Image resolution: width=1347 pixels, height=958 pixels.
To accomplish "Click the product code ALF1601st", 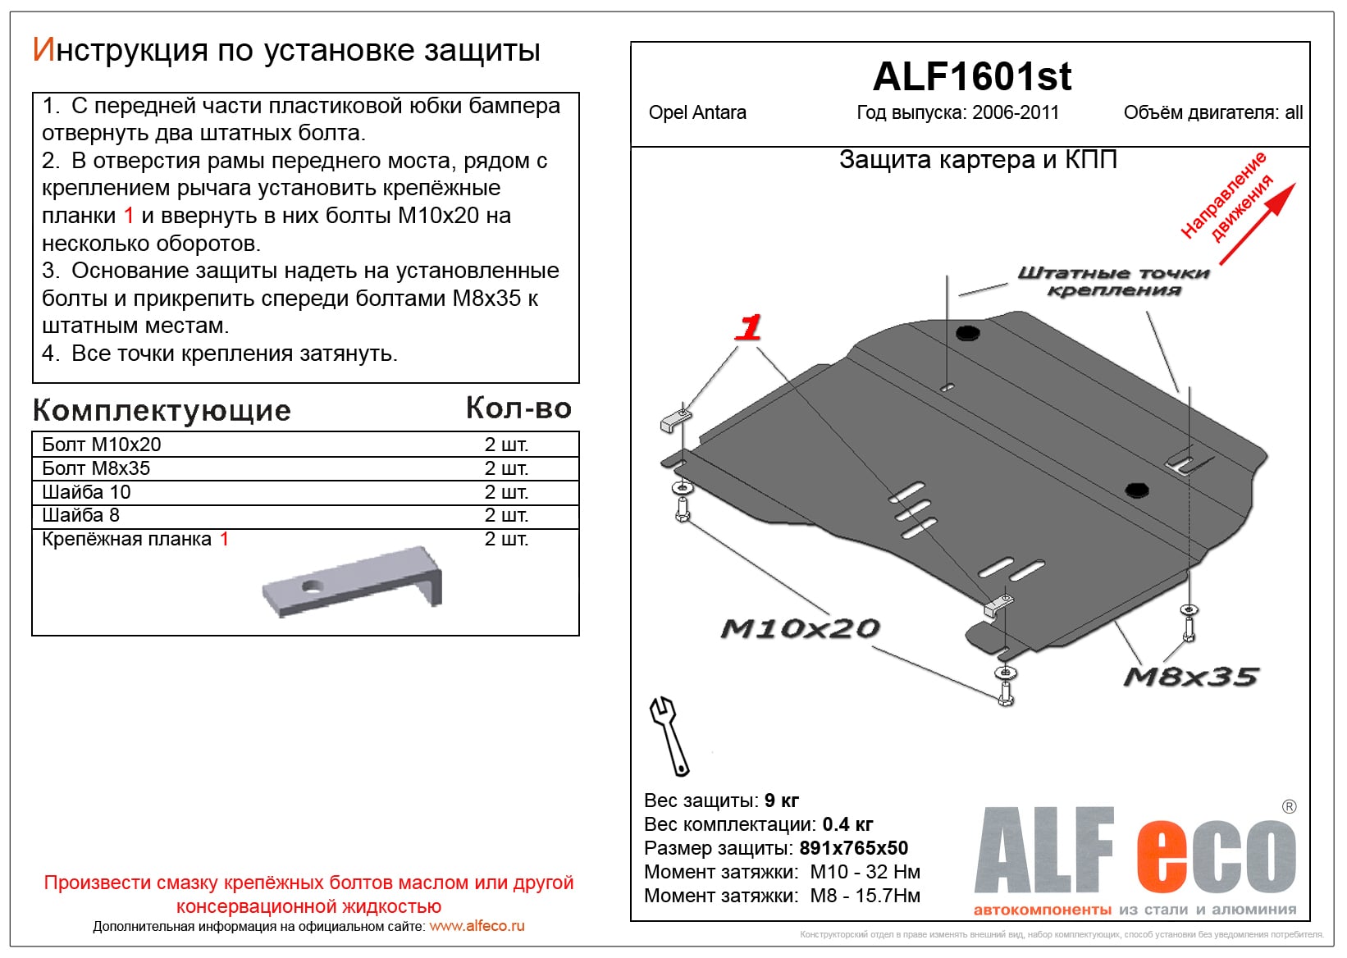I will (x=971, y=77).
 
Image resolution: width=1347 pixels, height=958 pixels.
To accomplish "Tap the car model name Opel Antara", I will (x=697, y=113).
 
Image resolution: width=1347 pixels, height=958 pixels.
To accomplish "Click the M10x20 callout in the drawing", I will (x=800, y=629).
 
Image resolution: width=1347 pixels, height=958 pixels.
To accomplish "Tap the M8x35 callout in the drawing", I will (x=1190, y=677).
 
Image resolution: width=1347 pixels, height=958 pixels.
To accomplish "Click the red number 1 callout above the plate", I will (x=748, y=328).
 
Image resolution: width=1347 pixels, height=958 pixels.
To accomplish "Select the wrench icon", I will (x=669, y=735).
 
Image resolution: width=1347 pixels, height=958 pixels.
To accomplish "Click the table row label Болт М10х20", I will (x=102, y=445).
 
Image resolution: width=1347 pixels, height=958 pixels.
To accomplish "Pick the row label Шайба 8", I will (x=80, y=515).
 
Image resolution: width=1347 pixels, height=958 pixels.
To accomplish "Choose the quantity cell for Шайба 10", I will (x=506, y=492).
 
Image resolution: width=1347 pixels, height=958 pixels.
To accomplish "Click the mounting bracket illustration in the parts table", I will (x=353, y=581).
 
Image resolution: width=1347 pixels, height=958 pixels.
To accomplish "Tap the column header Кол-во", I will (x=518, y=408).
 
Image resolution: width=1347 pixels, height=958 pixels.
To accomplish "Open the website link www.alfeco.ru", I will (x=477, y=926).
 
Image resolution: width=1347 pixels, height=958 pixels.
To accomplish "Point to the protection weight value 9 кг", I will (x=781, y=801).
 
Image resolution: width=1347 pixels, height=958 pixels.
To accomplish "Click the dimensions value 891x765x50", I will (x=853, y=848).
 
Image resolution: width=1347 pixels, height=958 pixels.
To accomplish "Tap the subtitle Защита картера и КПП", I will (x=978, y=160).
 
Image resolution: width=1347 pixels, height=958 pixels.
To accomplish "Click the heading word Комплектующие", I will (x=162, y=410).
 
